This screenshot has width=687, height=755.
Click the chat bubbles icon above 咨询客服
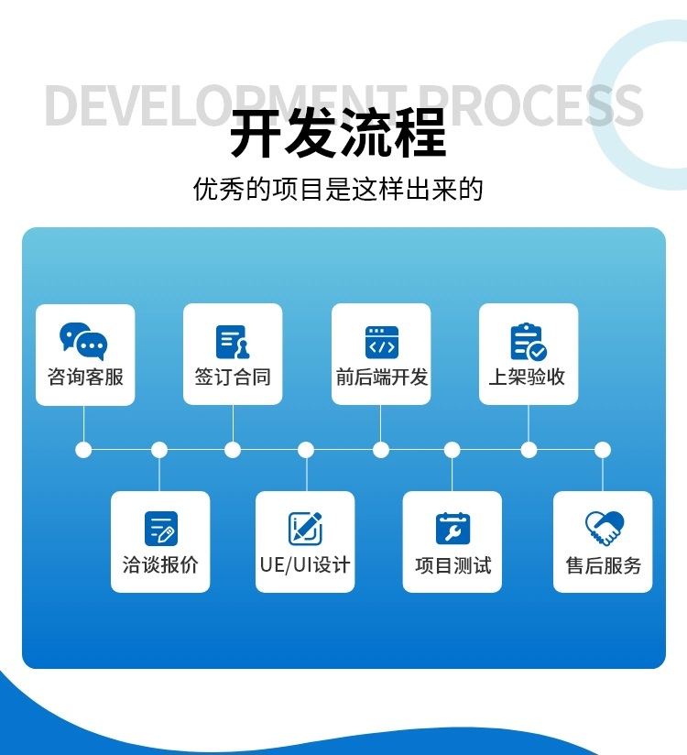[x=83, y=341]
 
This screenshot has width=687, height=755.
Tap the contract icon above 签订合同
[x=233, y=342]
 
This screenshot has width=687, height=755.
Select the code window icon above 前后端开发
[x=382, y=343]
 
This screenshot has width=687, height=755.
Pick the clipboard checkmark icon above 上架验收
[x=529, y=342]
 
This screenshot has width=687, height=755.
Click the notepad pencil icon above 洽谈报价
[x=161, y=528]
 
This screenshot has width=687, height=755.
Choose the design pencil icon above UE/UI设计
[x=305, y=528]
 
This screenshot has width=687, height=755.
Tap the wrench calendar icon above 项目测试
[x=453, y=528]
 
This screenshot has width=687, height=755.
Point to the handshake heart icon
[x=605, y=528]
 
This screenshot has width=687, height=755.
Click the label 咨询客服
[x=86, y=377]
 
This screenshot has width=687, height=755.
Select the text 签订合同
[x=233, y=377]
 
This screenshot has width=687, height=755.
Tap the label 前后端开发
[x=382, y=377]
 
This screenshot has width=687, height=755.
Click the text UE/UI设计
[x=305, y=564]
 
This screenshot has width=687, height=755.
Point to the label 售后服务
[x=604, y=565]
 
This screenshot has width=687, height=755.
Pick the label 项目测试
[x=453, y=565]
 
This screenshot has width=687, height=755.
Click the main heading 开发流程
[x=338, y=133]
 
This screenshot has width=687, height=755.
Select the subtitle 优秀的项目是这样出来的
[x=338, y=189]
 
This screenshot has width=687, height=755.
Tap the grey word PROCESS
[x=531, y=105]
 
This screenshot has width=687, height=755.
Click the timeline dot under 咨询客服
[x=83, y=450]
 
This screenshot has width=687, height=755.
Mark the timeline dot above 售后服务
[x=602, y=450]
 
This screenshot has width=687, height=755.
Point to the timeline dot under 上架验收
[x=529, y=450]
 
